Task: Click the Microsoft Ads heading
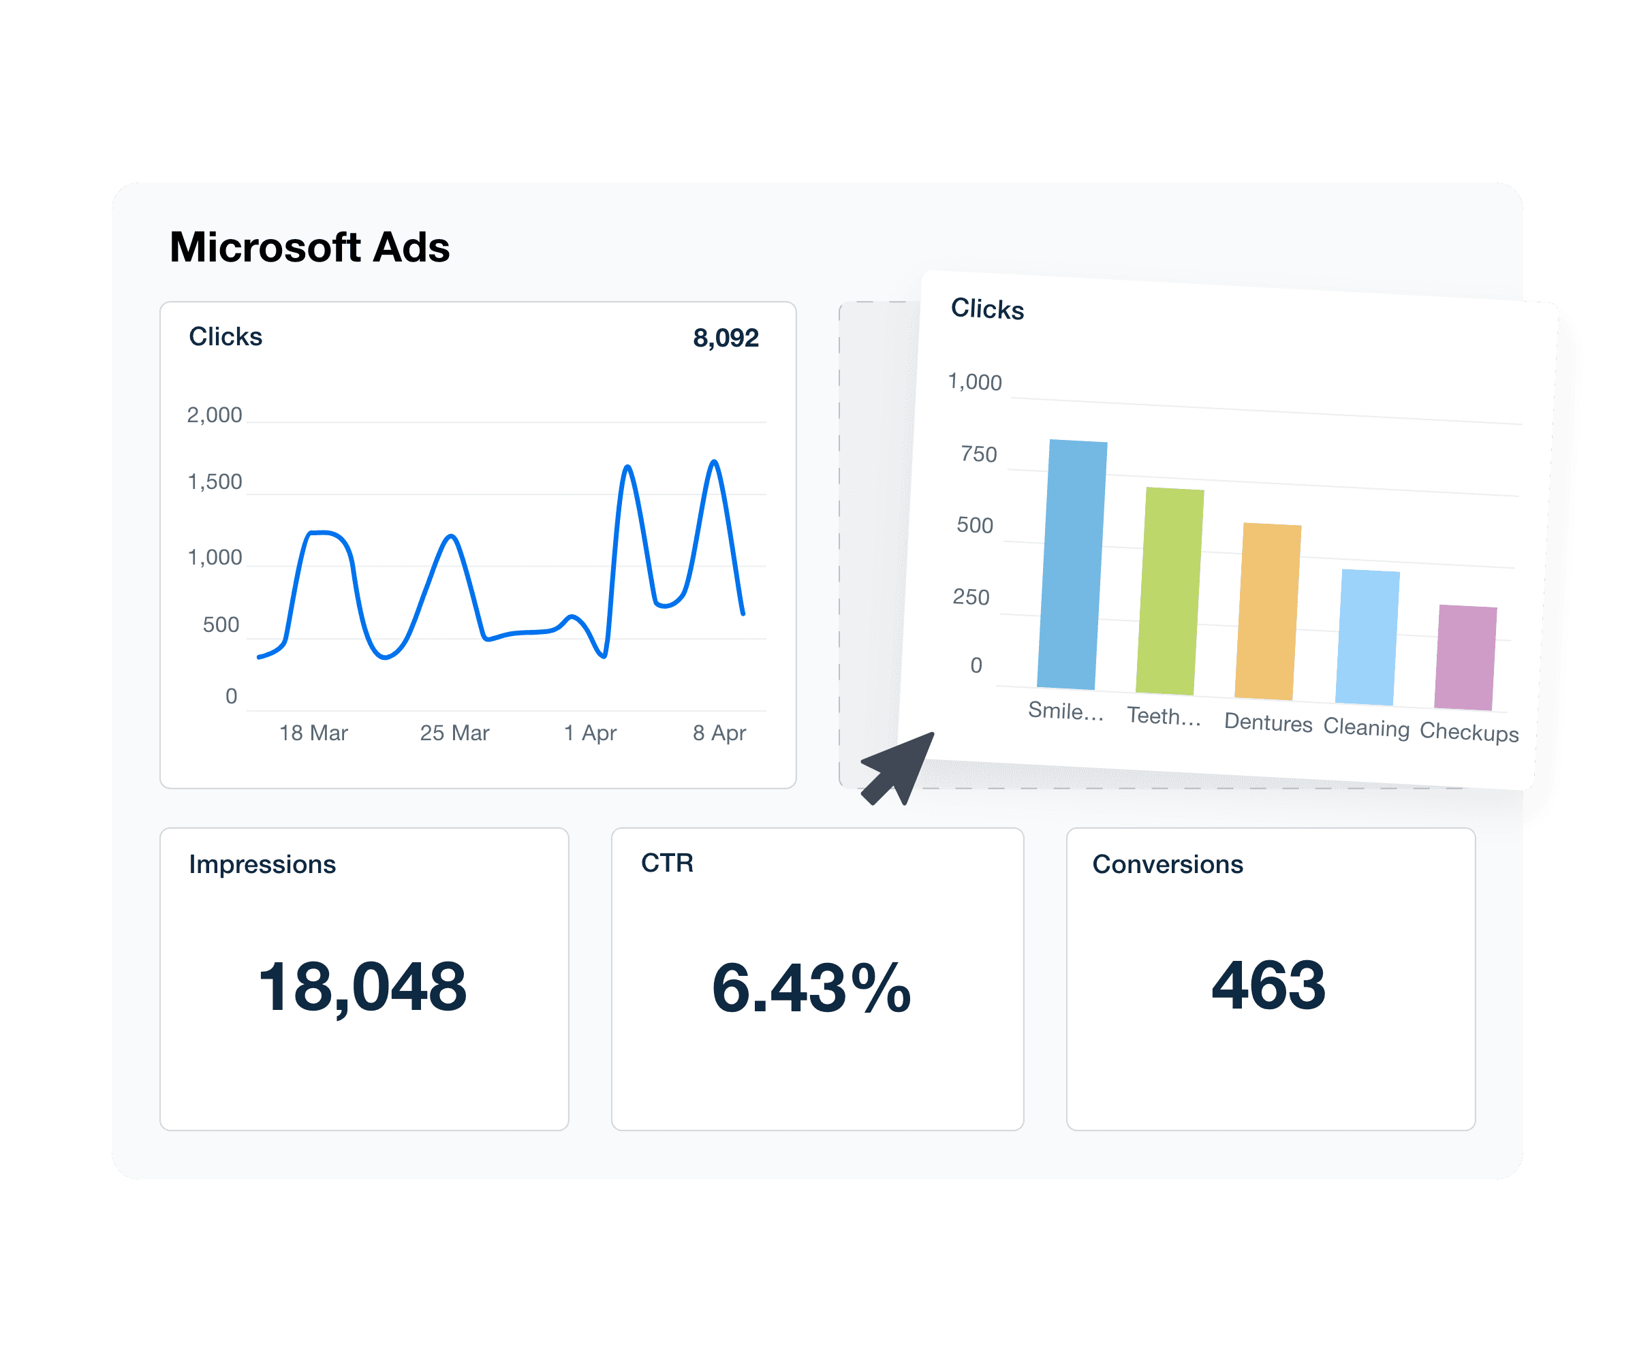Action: (x=309, y=247)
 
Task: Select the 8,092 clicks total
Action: (x=725, y=338)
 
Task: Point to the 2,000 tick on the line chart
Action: (x=214, y=415)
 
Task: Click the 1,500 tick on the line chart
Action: (x=214, y=481)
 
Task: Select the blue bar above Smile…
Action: (x=1072, y=565)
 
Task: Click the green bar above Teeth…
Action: (x=1170, y=592)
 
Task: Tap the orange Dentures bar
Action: (x=1268, y=612)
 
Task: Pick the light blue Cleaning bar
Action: (x=1367, y=637)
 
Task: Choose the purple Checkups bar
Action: (x=1465, y=658)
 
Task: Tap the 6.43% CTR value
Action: (x=811, y=987)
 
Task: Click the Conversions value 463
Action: (x=1268, y=985)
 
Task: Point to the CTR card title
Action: (x=666, y=863)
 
